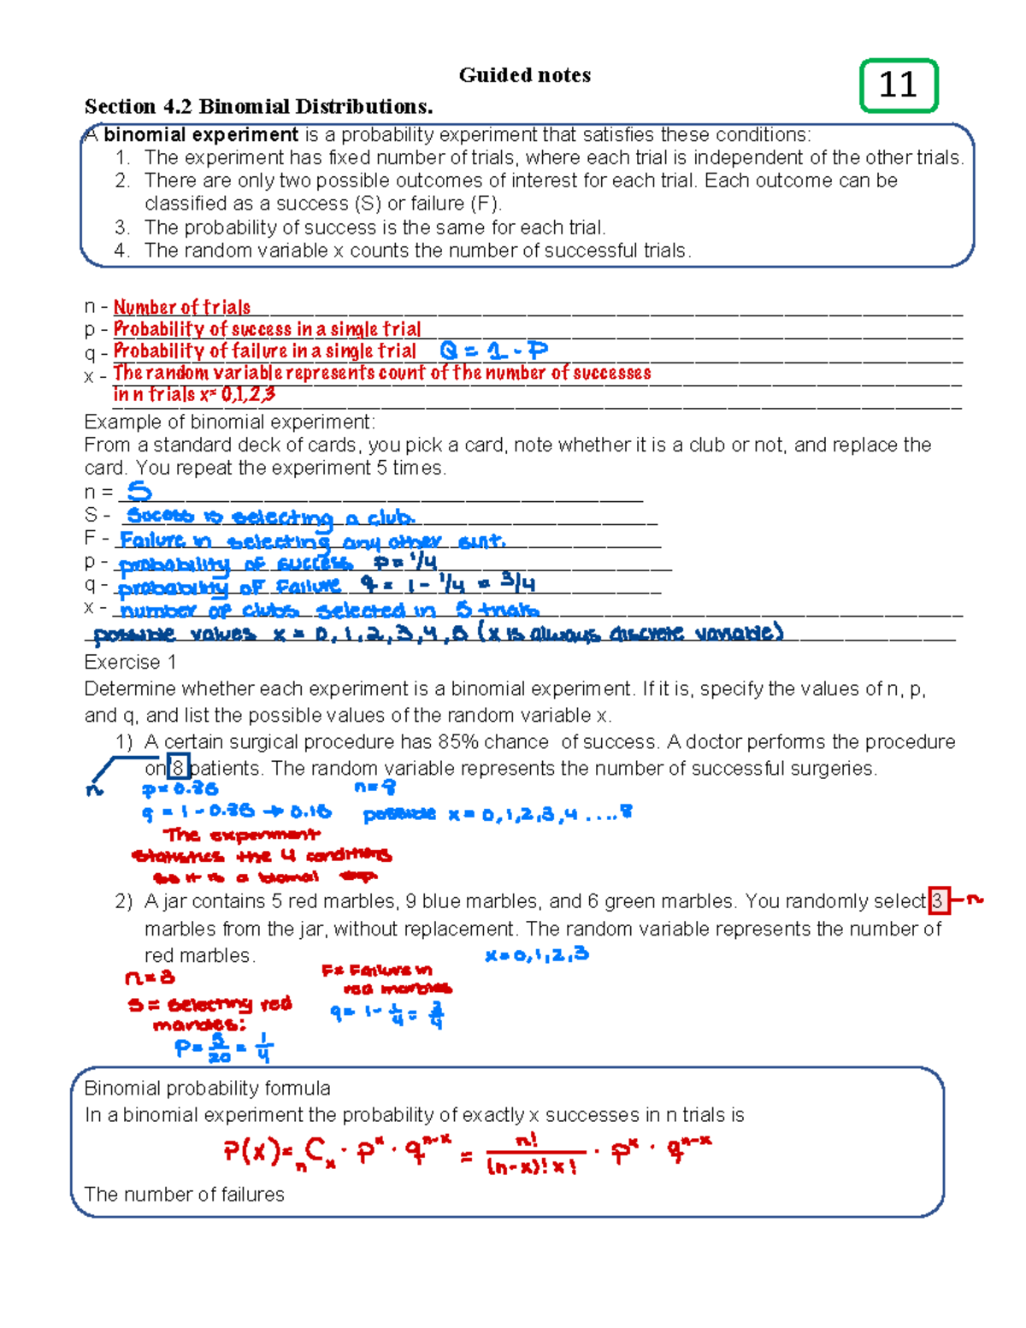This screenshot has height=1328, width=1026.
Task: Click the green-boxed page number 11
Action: [898, 86]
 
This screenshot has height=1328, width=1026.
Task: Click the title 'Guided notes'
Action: [524, 75]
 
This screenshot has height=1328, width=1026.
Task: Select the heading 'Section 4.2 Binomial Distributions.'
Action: [258, 107]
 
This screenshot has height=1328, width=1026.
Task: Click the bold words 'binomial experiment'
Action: [201, 135]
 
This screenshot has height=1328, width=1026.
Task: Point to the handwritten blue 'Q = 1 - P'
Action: [493, 351]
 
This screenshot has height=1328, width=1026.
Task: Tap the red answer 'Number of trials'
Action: [182, 307]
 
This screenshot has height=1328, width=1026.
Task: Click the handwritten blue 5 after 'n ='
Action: [139, 492]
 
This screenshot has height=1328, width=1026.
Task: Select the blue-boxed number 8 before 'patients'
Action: [178, 768]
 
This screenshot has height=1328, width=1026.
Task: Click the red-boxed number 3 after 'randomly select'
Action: [938, 901]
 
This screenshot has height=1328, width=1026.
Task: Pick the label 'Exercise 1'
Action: [130, 663]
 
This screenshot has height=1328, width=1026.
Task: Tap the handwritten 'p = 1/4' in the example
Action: [405, 563]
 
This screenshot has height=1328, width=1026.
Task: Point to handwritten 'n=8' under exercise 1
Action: [374, 787]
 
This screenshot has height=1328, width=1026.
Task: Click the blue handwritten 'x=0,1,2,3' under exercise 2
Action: [536, 955]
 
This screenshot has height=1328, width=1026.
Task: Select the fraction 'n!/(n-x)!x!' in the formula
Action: [531, 1154]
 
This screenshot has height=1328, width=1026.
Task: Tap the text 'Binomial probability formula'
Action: [207, 1089]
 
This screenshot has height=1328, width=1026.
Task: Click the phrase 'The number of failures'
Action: [184, 1195]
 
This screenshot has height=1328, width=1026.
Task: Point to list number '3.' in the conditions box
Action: [122, 227]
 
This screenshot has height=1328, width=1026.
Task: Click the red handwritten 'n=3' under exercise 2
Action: [150, 977]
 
